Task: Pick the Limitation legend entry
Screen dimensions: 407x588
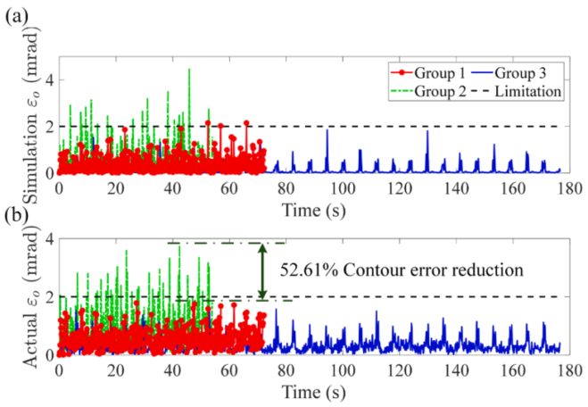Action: coord(521,91)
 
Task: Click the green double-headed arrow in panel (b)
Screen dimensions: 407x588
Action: coord(261,272)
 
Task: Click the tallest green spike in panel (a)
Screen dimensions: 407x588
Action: coord(189,71)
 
